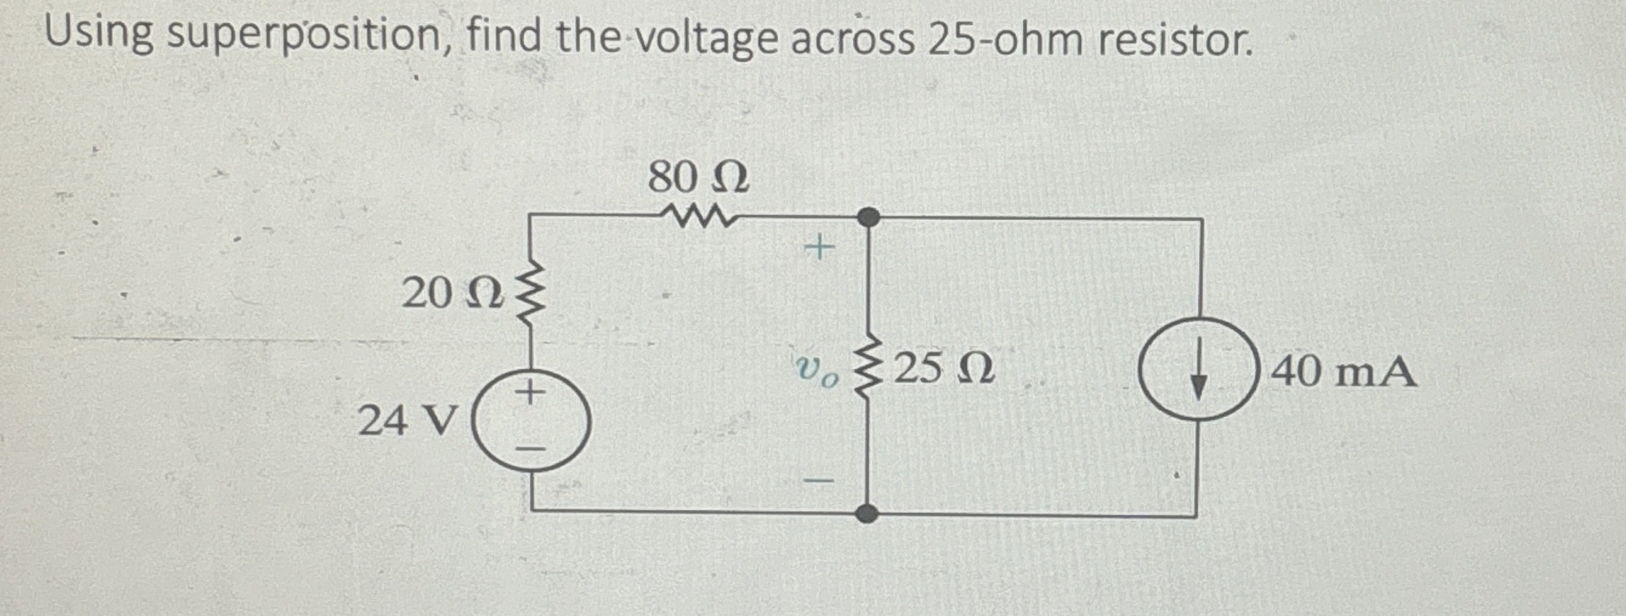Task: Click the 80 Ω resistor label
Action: (x=698, y=178)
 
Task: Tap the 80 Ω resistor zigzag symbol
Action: (x=698, y=218)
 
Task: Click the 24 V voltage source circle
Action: (x=531, y=422)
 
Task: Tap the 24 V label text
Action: (x=407, y=420)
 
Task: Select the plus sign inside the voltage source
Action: (x=530, y=390)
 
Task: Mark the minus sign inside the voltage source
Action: (x=530, y=449)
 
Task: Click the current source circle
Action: (x=1198, y=369)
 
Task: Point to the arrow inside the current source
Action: (x=1198, y=373)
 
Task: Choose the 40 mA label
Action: (x=1342, y=371)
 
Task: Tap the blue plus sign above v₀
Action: (x=819, y=248)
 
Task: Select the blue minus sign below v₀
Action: (x=820, y=481)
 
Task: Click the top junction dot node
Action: (x=868, y=218)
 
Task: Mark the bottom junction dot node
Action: (x=867, y=513)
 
